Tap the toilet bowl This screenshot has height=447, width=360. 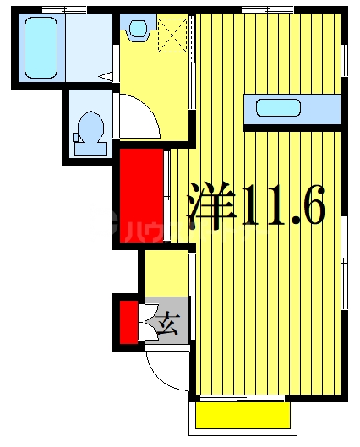pos(90,132)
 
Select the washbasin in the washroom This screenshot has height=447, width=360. pos(137,30)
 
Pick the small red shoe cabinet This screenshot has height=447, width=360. pos(128,322)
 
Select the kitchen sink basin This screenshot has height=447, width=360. pos(277,108)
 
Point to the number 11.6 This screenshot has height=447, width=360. pos(282,204)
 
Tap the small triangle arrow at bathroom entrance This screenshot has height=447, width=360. pos(106,77)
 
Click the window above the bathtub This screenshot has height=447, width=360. pos(55,9)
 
